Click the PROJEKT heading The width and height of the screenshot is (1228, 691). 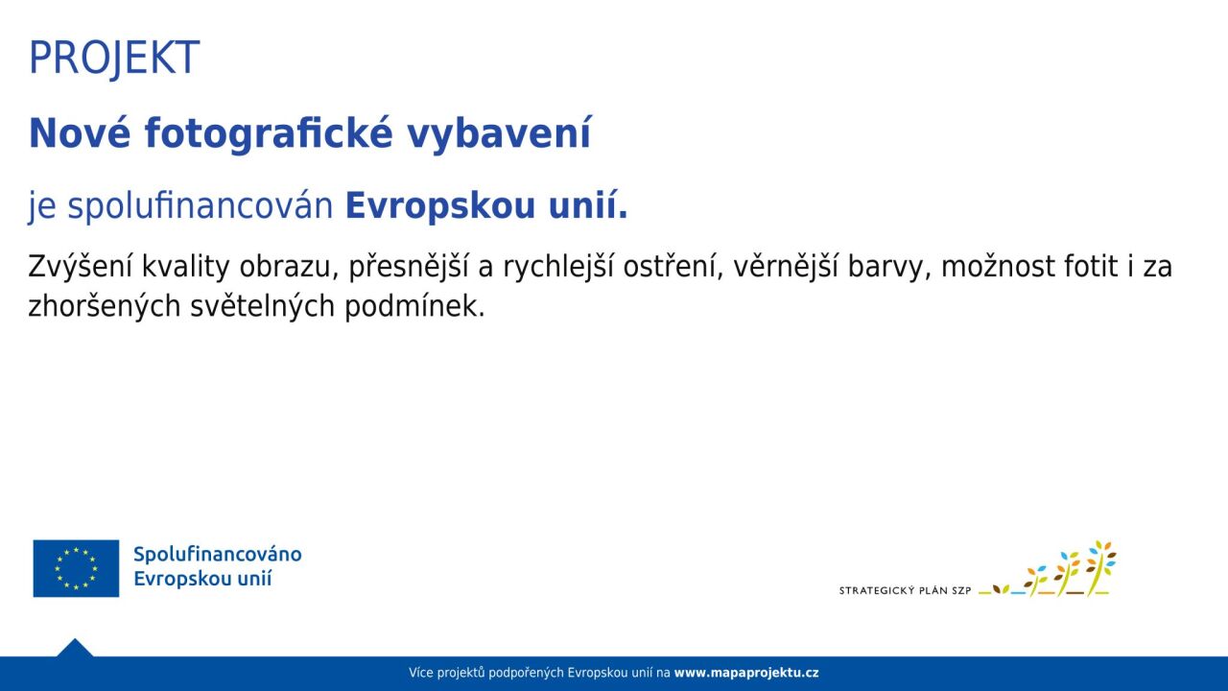pyautogui.click(x=114, y=59)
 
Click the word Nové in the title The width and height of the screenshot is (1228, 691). pyautogui.click(x=80, y=132)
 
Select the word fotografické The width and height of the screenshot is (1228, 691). pyautogui.click(x=269, y=134)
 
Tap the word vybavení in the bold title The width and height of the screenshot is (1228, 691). pyautogui.click(x=499, y=134)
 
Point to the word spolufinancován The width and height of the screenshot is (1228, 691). pyautogui.click(x=201, y=206)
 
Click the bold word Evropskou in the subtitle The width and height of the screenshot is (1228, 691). pyautogui.click(x=439, y=206)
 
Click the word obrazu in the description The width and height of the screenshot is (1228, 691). pyautogui.click(x=288, y=267)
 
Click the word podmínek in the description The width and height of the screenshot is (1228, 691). pyautogui.click(x=414, y=306)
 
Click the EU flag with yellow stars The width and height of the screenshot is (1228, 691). pyautogui.click(x=76, y=568)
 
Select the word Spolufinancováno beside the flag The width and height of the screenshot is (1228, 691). pyautogui.click(x=218, y=555)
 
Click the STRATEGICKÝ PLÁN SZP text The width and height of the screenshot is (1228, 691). pyautogui.click(x=905, y=590)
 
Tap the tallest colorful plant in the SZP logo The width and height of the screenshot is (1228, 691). pyautogui.click(x=1100, y=568)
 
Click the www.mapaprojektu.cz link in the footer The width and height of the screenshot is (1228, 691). pyautogui.click(x=746, y=673)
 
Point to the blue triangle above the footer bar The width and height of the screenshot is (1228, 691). pyautogui.click(x=75, y=648)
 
